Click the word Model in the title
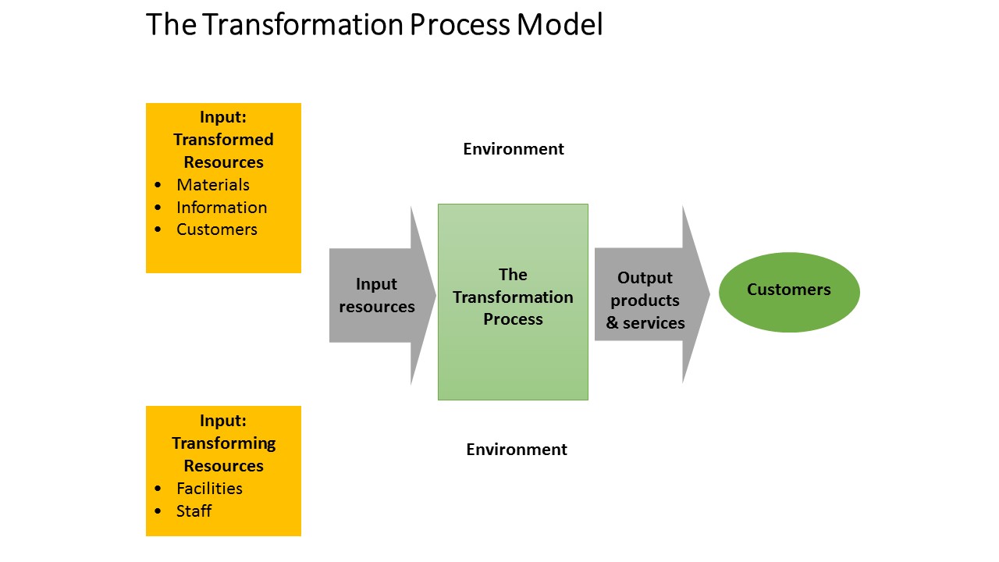(x=559, y=25)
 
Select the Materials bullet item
(x=212, y=185)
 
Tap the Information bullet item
(x=222, y=208)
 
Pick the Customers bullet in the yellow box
(x=216, y=229)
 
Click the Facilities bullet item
(x=209, y=489)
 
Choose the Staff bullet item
(x=194, y=511)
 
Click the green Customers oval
(x=788, y=291)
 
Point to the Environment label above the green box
(x=513, y=149)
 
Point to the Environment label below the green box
(x=516, y=450)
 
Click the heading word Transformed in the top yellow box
(x=223, y=140)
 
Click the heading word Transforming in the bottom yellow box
(x=223, y=443)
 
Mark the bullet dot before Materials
(x=159, y=186)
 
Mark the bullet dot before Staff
(x=159, y=512)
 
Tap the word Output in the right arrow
(x=645, y=278)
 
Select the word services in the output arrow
(x=653, y=323)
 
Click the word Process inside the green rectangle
(x=513, y=319)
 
